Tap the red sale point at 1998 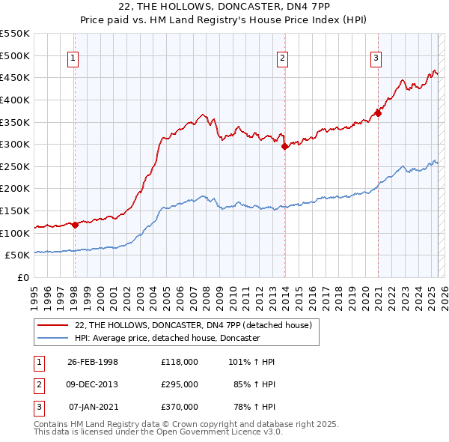pos(75,225)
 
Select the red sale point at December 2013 pos(284,147)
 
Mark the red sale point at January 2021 pos(379,113)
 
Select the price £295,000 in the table pos(179,384)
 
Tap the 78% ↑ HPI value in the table pos(251,407)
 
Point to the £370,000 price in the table pos(179,407)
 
